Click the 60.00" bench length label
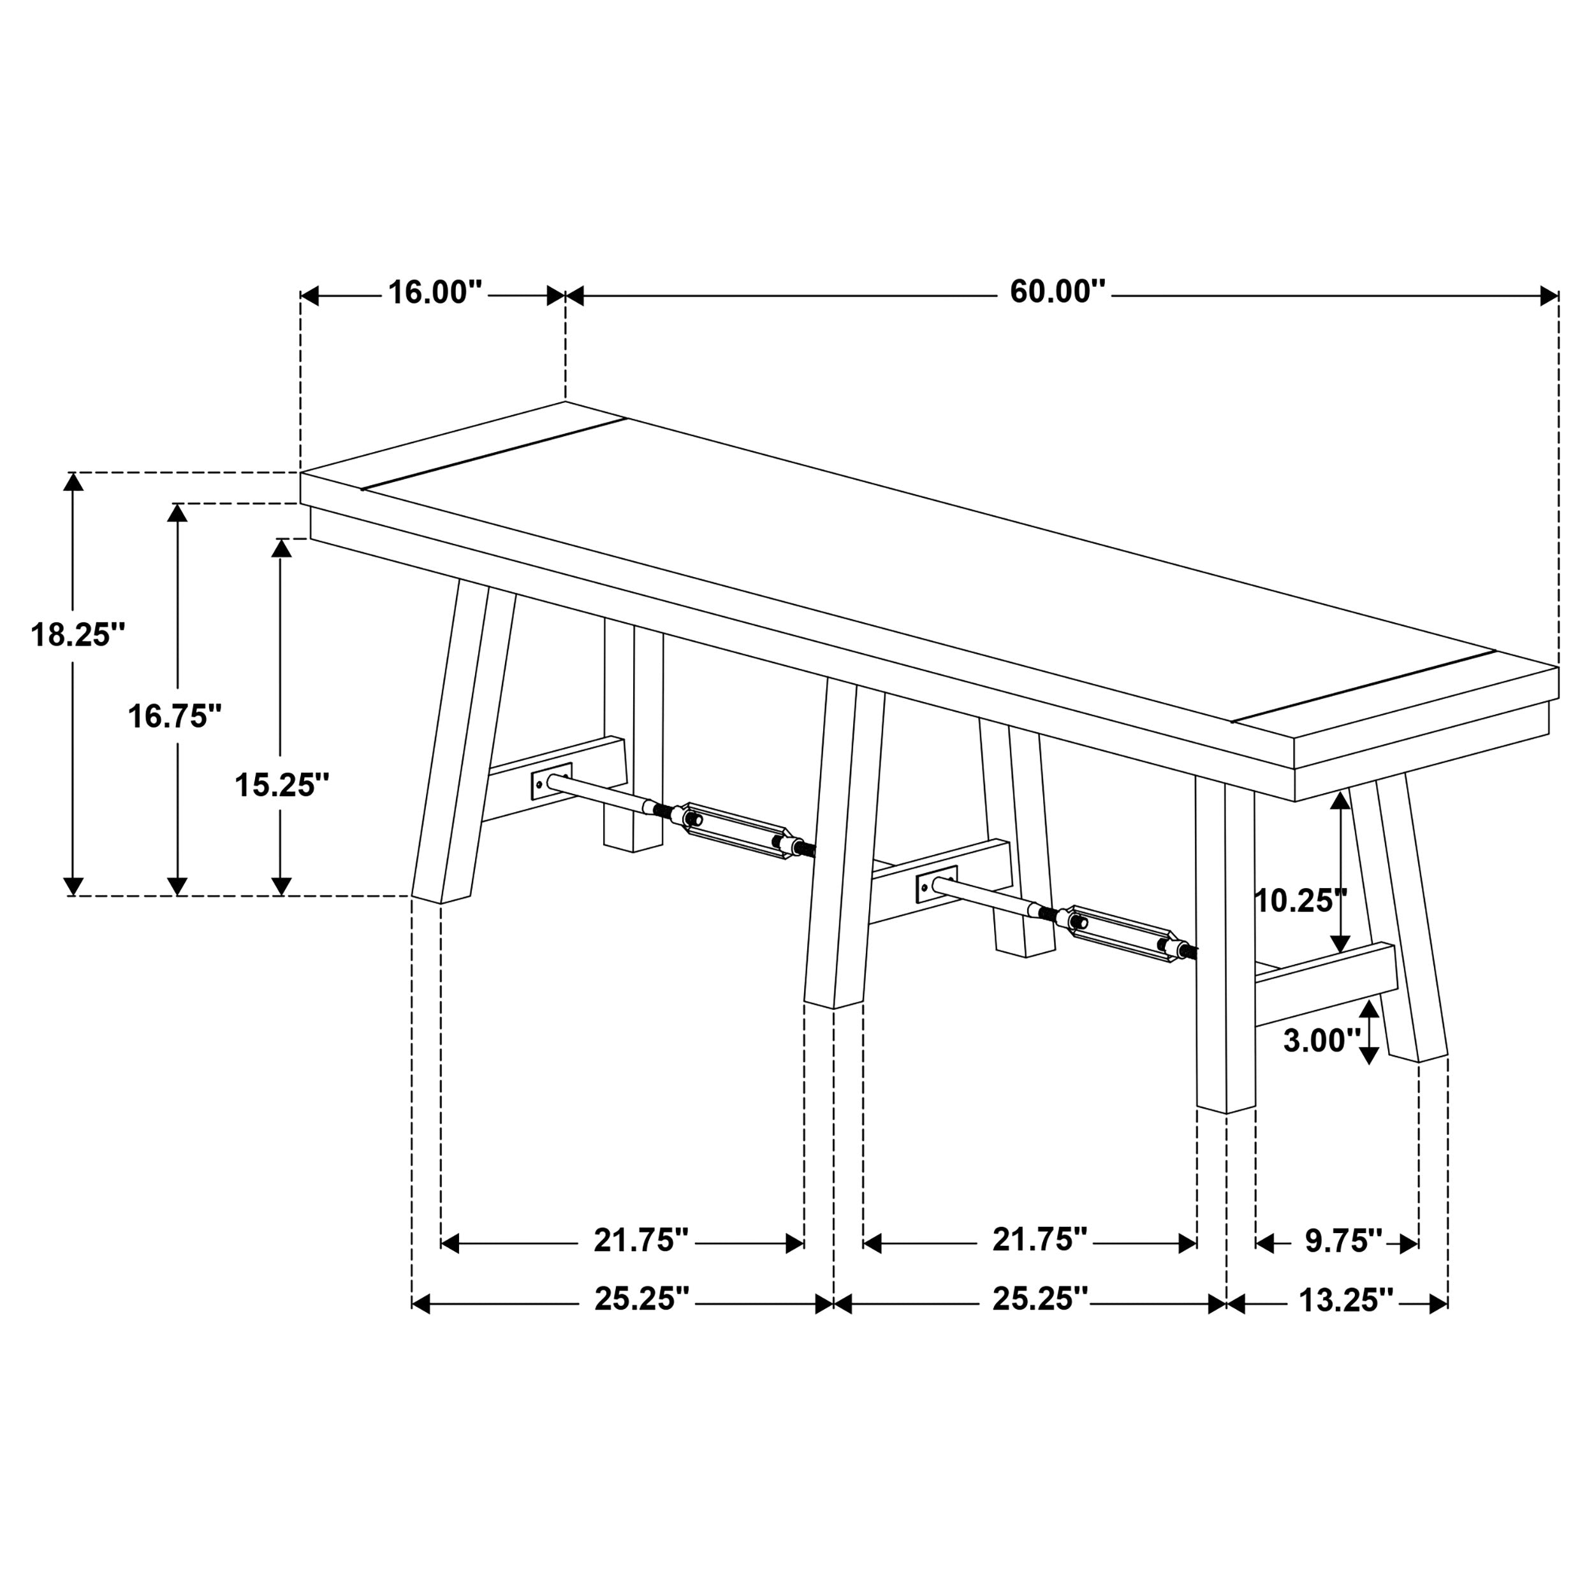click(1057, 293)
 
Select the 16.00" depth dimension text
click(435, 293)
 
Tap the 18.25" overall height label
click(78, 634)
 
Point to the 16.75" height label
click(175, 716)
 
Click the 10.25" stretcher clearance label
click(1300, 900)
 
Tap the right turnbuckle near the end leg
click(1123, 934)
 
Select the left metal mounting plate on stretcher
click(551, 780)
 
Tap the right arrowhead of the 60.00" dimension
click(1549, 296)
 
